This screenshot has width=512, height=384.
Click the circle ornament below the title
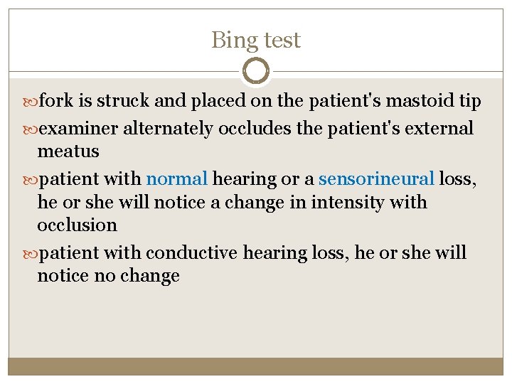pyautogui.click(x=256, y=70)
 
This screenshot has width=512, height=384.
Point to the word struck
pyautogui.click(x=123, y=102)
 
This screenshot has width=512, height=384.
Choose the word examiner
pyautogui.click(x=78, y=129)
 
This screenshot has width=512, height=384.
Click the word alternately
pyautogui.click(x=168, y=129)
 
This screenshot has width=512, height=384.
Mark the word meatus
pyautogui.click(x=68, y=151)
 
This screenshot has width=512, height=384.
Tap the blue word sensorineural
pyautogui.click(x=376, y=178)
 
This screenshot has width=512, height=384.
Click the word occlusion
pyautogui.click(x=77, y=225)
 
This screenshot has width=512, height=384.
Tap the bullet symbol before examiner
pyautogui.click(x=31, y=129)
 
